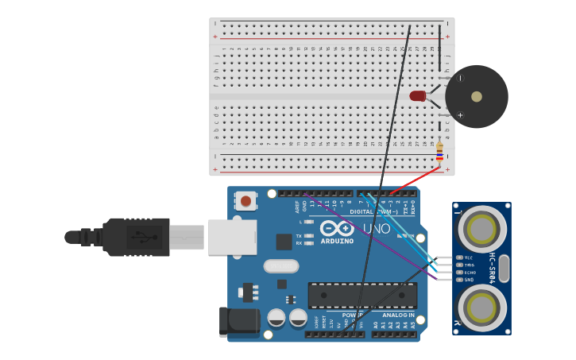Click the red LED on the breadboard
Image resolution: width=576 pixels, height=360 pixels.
(x=418, y=96)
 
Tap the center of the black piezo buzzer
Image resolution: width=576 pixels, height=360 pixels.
(x=476, y=97)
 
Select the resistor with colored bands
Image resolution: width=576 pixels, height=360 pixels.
(x=439, y=151)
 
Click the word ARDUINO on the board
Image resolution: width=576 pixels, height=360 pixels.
(x=337, y=241)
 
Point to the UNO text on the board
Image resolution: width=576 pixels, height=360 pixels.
(x=377, y=229)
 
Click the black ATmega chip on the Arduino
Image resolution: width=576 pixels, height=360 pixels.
(x=362, y=295)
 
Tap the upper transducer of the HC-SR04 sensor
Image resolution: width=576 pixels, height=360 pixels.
(x=481, y=230)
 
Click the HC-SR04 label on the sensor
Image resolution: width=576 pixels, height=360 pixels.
(x=493, y=268)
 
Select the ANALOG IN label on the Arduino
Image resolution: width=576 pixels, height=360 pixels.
(x=397, y=315)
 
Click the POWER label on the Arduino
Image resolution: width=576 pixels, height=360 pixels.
(x=352, y=315)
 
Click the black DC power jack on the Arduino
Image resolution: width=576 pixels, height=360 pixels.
(x=239, y=320)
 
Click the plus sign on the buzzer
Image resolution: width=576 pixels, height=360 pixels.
(x=460, y=115)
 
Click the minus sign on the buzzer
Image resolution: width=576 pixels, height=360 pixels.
(x=460, y=78)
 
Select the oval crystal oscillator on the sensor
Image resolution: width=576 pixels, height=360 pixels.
(x=504, y=269)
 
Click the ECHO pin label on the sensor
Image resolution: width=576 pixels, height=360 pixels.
(x=470, y=273)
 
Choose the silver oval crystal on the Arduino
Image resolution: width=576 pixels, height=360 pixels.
(x=281, y=266)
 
